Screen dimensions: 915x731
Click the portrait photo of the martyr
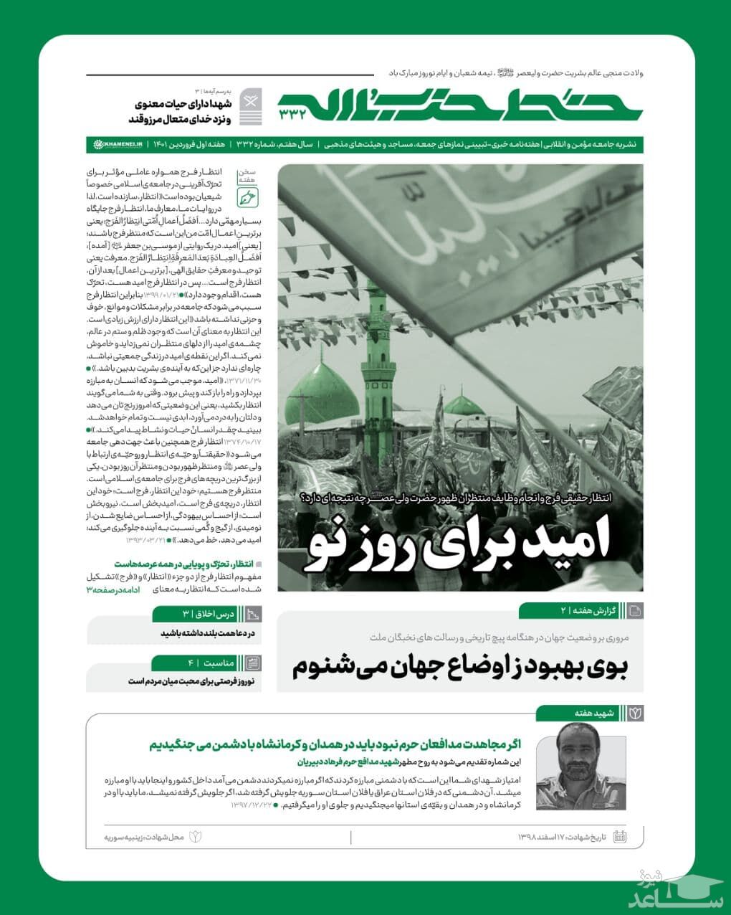pos(581,766)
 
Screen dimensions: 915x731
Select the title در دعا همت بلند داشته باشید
pos(207,633)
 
